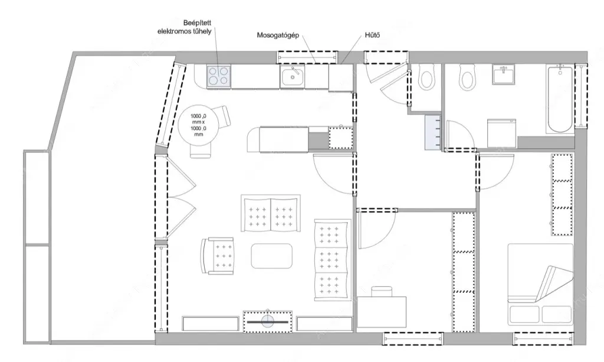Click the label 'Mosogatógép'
pos(278,35)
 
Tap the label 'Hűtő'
pos(372,35)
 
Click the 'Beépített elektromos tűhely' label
pos(185,27)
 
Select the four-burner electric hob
pos(219,76)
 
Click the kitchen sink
pos(293,77)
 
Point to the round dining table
pos(199,125)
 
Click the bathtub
pos(559,99)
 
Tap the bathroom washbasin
pos(503,74)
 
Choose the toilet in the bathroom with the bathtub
pos(467,77)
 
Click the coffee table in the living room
pos(271,256)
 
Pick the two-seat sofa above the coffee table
pos(271,213)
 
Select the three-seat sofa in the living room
pos(333,260)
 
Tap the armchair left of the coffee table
pos(218,256)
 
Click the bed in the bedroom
pos(540,283)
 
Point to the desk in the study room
pos(382,311)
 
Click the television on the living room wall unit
pos(268,321)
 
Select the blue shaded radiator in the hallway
pos(432,132)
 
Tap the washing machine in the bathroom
pos(501,133)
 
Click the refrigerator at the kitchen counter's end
pos(340,78)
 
